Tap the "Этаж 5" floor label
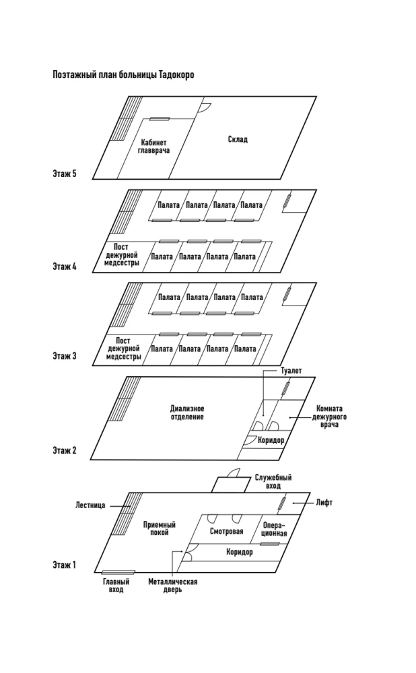click(65, 174)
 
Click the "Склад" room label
click(238, 139)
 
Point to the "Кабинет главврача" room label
click(154, 147)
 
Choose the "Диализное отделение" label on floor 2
click(187, 413)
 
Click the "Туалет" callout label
click(291, 371)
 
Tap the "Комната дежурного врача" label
click(328, 416)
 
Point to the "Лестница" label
click(90, 505)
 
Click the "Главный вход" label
click(115, 585)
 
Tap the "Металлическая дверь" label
click(173, 586)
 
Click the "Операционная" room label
click(275, 529)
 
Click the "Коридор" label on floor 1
click(240, 553)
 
